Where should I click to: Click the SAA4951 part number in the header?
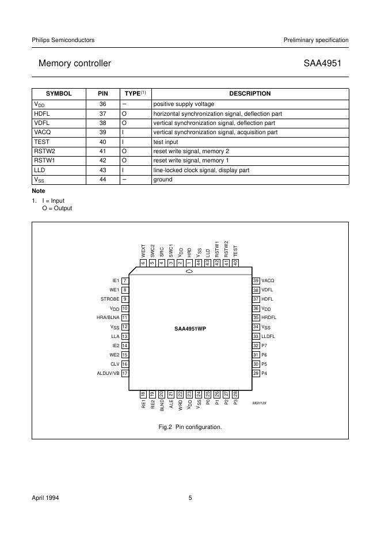326,63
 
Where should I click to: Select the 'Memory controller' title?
74,63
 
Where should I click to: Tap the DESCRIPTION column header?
250,93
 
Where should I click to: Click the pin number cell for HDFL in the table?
102,113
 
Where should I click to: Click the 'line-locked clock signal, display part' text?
203,170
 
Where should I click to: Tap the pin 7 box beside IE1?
125,280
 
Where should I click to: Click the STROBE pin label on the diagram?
109,299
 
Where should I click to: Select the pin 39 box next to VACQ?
256,280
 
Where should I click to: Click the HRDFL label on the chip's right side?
269,317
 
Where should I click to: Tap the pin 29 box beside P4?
256,373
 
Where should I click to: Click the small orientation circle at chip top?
189,271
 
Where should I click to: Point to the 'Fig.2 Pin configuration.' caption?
190,427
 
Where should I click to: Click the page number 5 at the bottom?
190,497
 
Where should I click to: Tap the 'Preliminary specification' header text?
316,40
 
